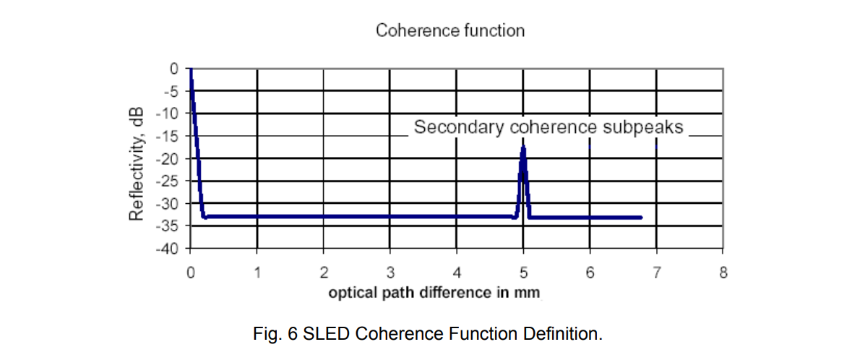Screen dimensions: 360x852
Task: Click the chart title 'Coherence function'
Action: (449, 30)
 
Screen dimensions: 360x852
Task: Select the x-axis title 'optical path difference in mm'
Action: (434, 293)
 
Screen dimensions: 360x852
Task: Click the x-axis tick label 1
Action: (257, 273)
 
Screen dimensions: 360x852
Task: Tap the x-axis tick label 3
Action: (390, 273)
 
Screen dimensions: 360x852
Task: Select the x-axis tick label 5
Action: (523, 273)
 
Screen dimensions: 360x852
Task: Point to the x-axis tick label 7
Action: (656, 273)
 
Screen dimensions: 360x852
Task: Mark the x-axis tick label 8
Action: (723, 273)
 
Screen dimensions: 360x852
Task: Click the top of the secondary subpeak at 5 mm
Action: (523, 147)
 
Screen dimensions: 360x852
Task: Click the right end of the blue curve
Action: (640, 217)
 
